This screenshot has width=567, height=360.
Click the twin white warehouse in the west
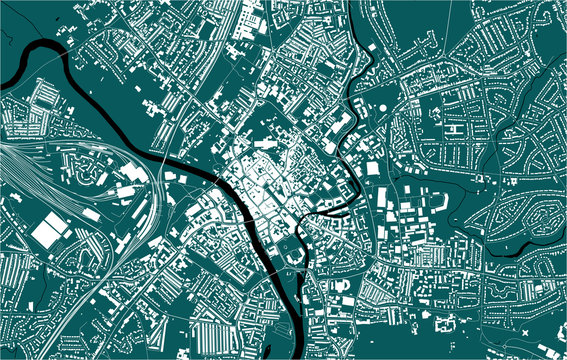pyautogui.click(x=49, y=231)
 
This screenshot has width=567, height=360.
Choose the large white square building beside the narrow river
pyautogui.click(x=373, y=168)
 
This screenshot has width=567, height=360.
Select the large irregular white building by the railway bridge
pyautogui.click(x=130, y=190)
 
